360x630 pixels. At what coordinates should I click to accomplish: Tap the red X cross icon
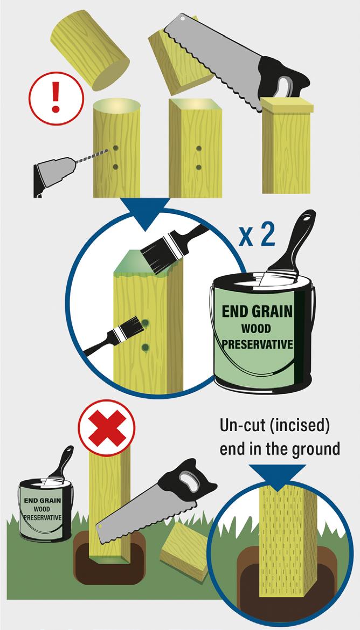[107, 428]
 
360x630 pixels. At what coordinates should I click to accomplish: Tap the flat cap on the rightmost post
[287, 105]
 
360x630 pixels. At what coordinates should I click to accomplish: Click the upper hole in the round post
[115, 148]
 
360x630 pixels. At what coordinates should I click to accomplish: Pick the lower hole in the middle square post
[198, 167]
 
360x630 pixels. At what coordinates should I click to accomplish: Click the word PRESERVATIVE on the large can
[258, 345]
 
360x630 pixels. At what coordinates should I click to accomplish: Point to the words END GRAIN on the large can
[258, 312]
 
